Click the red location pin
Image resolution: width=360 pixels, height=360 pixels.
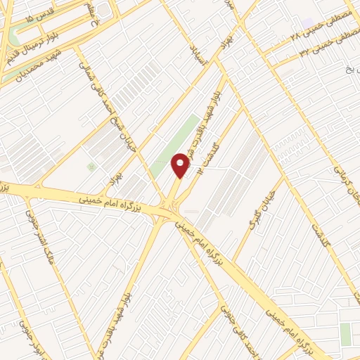click(181, 166)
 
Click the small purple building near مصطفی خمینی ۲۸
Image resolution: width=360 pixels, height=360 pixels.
click(307, 23)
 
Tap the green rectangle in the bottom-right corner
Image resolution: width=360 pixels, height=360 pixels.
click(346, 335)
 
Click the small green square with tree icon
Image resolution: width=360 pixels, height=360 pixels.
click(90, 166)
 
